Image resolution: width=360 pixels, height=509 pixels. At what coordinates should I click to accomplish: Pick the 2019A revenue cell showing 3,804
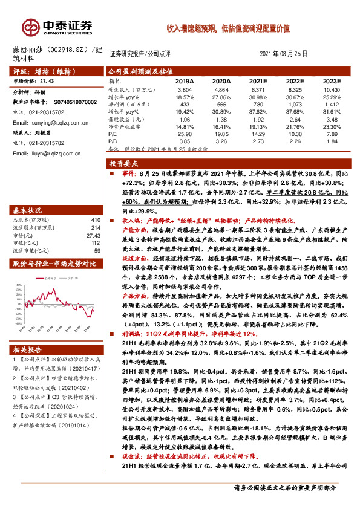pos(185,89)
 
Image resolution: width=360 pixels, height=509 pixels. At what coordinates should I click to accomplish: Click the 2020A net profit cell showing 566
pos(221,104)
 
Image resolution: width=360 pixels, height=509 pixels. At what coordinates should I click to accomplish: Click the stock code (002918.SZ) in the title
pos(67,48)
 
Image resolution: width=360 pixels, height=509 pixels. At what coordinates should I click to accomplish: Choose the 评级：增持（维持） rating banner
pos(36,71)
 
